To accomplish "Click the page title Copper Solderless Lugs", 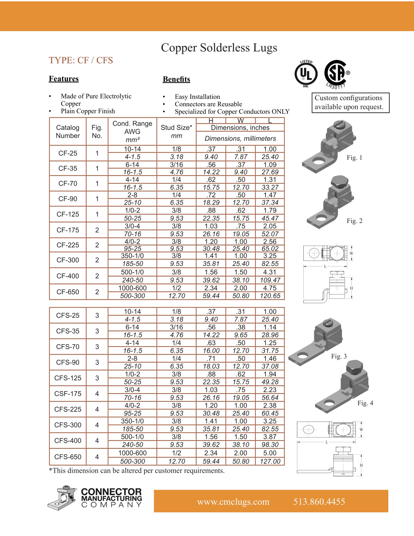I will [x=219, y=48].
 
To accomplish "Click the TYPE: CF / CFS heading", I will [x=81, y=60].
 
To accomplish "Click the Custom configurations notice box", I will [x=350, y=103].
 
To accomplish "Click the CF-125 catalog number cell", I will [x=68, y=214].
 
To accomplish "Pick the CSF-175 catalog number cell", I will [x=68, y=394].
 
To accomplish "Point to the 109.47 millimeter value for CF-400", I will [x=270, y=280].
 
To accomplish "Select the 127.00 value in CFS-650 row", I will [x=270, y=461].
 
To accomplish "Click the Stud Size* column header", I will [x=176, y=128].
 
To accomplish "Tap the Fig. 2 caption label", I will [x=354, y=221].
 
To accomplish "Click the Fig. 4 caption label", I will [x=365, y=403].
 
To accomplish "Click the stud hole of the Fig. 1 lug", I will [x=318, y=161].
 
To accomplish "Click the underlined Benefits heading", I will [x=176, y=79].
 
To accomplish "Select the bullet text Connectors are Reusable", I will [x=208, y=104].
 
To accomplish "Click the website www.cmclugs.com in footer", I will [x=233, y=501].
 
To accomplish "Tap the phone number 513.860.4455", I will [x=319, y=501].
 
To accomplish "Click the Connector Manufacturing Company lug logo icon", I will [x=62, y=498].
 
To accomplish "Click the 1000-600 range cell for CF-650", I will [x=132, y=288].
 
